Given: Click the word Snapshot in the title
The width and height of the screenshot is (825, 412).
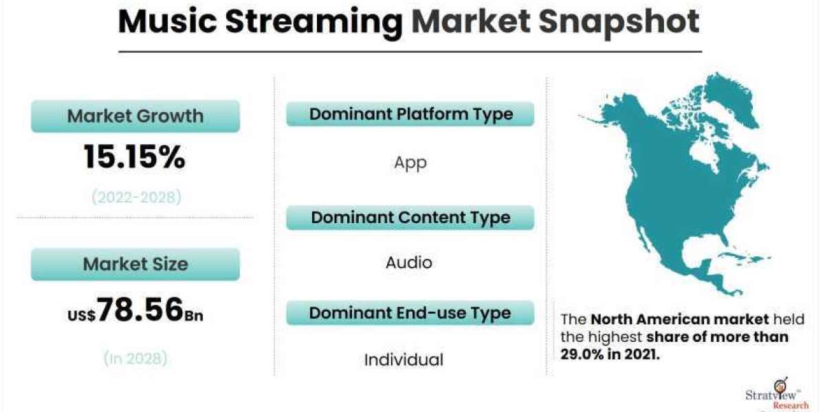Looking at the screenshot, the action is pyautogui.click(x=619, y=22).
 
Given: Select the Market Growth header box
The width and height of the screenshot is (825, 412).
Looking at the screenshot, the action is pyautogui.click(x=135, y=116).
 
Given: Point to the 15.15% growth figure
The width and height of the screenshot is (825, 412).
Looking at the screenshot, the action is pyautogui.click(x=135, y=157).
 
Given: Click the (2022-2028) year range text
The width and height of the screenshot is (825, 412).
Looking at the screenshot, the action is pyautogui.click(x=136, y=197).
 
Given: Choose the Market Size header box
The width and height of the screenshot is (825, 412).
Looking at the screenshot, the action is pyautogui.click(x=135, y=264).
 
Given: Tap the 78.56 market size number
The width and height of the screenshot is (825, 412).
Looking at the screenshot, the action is pyautogui.click(x=140, y=310).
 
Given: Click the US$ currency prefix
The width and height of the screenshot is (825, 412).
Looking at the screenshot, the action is pyautogui.click(x=81, y=315).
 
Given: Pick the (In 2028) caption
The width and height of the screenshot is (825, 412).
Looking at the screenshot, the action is pyautogui.click(x=135, y=358).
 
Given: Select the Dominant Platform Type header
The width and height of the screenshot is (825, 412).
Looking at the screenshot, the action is pyautogui.click(x=410, y=114).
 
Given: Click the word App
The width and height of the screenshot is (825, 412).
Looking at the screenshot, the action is pyautogui.click(x=410, y=163).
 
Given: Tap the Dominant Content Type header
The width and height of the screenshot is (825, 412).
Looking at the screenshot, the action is pyautogui.click(x=410, y=218).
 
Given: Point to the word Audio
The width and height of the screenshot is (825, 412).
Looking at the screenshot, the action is pyautogui.click(x=409, y=262).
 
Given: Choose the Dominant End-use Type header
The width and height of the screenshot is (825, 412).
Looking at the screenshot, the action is pyautogui.click(x=410, y=313).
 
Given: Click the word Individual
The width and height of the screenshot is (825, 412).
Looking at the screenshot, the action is pyautogui.click(x=404, y=360).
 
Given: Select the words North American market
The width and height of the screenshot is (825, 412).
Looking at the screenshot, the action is pyautogui.click(x=680, y=319).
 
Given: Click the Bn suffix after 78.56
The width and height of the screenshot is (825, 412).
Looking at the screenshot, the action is pyautogui.click(x=194, y=316).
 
